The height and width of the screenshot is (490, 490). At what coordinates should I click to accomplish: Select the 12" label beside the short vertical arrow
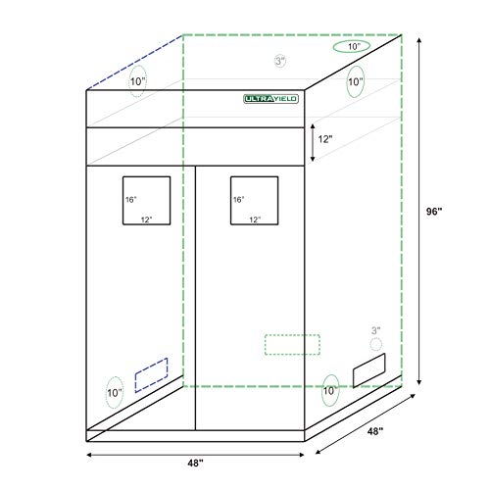pos(323,141)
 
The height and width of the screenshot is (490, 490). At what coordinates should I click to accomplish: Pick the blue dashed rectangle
pos(151,372)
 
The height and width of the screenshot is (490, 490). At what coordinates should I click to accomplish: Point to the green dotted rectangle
pos(292,344)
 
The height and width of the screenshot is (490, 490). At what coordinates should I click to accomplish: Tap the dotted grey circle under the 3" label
pos(373,345)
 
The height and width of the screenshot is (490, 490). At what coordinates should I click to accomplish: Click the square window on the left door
pos(145,201)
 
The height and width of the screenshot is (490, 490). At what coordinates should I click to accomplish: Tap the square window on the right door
pos(254,201)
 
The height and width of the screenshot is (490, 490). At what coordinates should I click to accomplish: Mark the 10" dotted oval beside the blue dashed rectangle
pos(115,393)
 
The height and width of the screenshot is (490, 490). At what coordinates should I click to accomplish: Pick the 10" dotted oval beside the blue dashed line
pos(136,81)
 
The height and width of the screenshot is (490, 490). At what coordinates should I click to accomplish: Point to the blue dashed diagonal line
pos(135,61)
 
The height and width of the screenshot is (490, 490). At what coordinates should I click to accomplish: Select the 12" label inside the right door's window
pos(255,220)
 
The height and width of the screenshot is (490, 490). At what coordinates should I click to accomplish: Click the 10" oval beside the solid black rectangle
pos(329,391)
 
